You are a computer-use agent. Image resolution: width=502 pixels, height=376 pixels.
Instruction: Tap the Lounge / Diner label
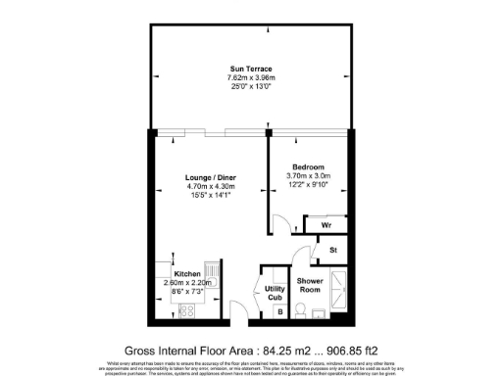click(x=212, y=177)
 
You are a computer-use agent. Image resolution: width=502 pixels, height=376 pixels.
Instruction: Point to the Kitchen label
click(x=187, y=273)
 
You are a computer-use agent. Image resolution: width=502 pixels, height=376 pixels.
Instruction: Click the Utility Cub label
click(x=276, y=291)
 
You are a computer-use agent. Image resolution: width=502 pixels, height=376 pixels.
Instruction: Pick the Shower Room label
click(x=311, y=285)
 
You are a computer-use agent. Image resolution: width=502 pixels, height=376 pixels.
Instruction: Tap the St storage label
click(x=333, y=251)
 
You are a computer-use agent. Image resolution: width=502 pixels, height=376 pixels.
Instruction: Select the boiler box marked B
click(x=279, y=312)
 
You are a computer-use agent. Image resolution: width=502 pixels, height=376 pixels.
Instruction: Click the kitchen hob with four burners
click(x=186, y=311)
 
